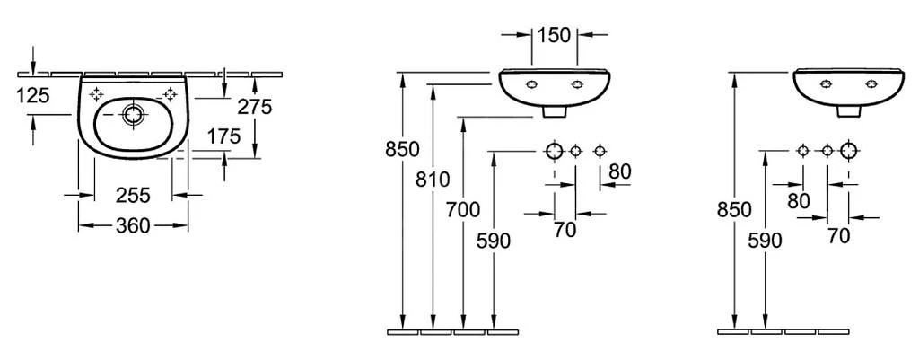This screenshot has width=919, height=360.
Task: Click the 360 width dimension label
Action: tap(133, 225)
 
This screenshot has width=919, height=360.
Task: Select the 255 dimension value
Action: tap(133, 195)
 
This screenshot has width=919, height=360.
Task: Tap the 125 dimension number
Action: tap(33, 95)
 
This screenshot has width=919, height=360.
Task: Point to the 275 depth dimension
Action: tap(255, 107)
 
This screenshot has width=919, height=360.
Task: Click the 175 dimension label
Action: tap(223, 136)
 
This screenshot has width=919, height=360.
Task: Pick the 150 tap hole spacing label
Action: tap(554, 35)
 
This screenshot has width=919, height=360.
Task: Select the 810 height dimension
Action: tap(433, 180)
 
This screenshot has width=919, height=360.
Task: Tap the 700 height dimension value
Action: tap(463, 210)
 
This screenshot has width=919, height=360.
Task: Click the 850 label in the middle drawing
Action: tap(402, 150)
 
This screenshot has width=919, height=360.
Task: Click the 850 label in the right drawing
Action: tap(734, 210)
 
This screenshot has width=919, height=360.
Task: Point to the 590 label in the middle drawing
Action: tap(494, 241)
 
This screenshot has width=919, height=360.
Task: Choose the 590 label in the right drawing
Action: tap(765, 241)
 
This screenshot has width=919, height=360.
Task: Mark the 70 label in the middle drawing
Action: tap(565, 231)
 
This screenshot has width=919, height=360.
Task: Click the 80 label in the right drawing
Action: tap(798, 201)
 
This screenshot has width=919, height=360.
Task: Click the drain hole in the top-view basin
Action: tap(133, 114)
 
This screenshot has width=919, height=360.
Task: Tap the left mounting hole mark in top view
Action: tap(96, 93)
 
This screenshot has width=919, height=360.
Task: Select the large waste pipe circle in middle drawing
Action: tap(555, 151)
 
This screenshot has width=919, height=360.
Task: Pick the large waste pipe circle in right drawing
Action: tap(849, 151)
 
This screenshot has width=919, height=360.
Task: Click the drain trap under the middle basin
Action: tap(555, 111)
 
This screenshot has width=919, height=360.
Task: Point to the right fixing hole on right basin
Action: tap(871, 83)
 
